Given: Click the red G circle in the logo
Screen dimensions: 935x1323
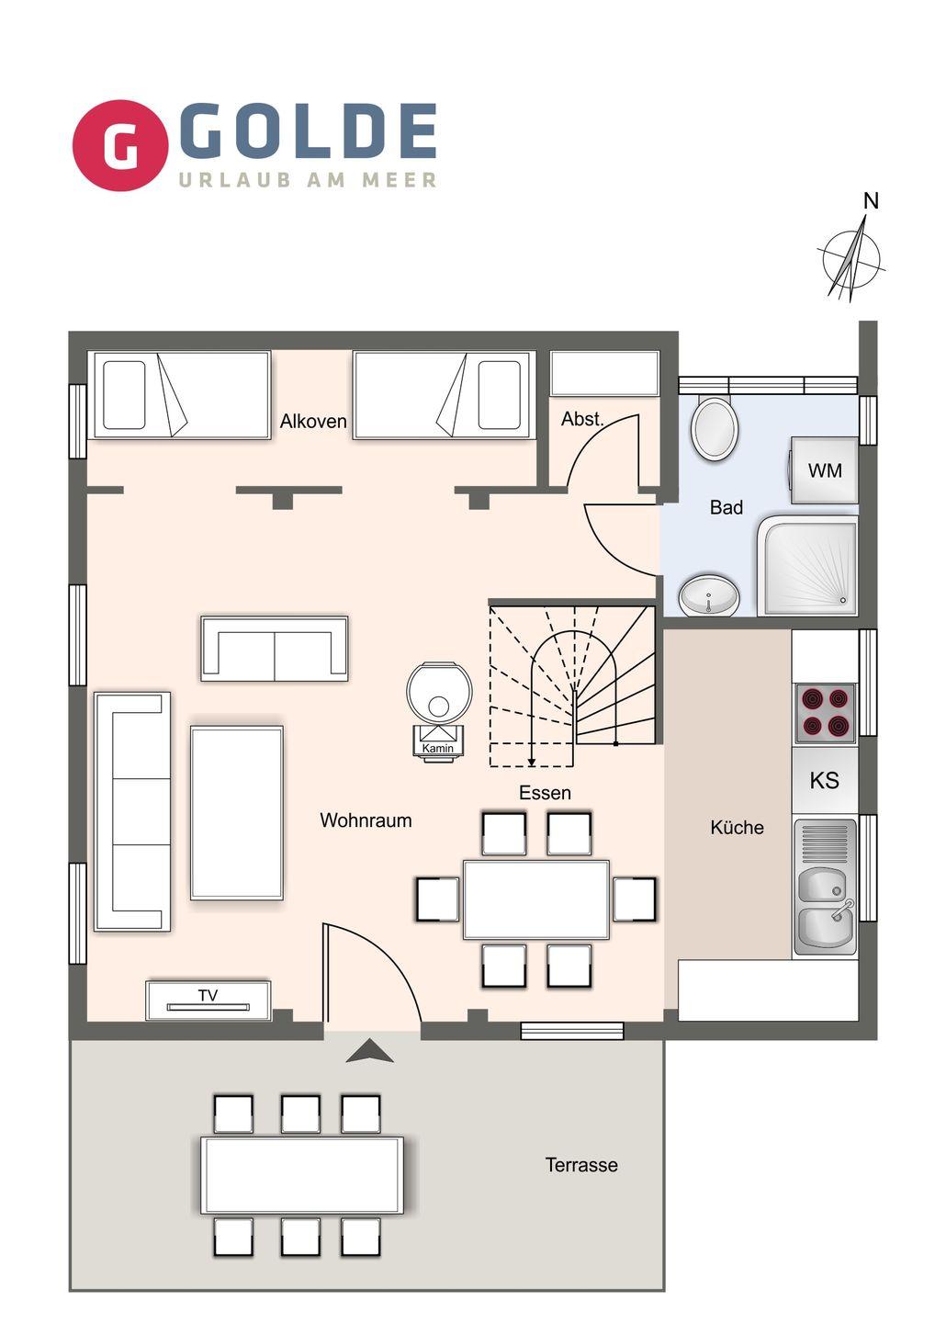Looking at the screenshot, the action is point(119,145).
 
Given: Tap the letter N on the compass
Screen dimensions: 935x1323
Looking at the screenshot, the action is point(871,201).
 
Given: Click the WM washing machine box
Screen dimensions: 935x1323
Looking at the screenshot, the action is point(824,470).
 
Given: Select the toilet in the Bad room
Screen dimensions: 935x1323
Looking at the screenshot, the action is point(715,427).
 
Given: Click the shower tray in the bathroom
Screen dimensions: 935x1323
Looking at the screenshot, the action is point(808,566).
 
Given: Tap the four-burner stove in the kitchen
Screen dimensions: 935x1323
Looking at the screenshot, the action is point(825,714).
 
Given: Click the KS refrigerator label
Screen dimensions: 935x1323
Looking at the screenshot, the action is point(824,780).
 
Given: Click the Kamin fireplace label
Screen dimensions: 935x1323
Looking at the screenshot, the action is point(438,748).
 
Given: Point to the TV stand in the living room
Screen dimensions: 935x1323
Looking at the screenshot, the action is point(208,1001).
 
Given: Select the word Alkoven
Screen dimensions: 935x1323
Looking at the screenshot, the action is point(313,421).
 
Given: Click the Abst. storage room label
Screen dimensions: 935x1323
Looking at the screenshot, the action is point(582,419).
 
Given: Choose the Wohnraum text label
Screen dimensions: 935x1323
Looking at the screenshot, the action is point(366,820).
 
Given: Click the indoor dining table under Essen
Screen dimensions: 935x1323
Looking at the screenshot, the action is point(536,899).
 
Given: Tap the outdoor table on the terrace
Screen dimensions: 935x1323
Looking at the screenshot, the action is point(302,1175).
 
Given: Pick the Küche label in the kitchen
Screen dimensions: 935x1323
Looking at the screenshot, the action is point(737,827).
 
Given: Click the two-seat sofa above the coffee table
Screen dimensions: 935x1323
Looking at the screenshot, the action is point(275,649).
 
